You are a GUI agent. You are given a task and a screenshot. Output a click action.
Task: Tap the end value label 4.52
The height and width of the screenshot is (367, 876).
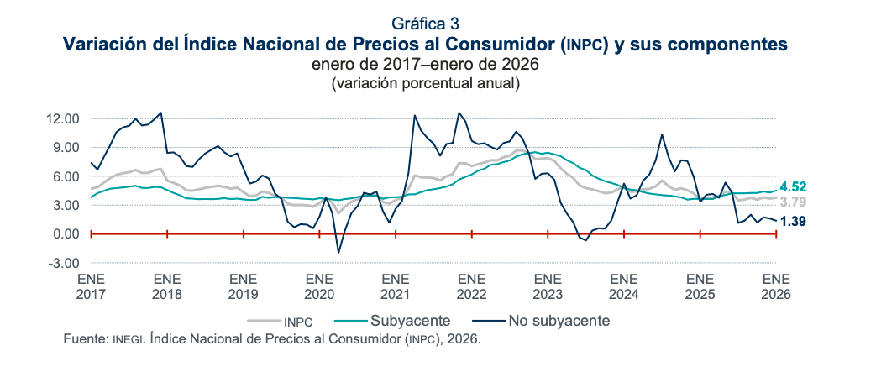click(795, 186)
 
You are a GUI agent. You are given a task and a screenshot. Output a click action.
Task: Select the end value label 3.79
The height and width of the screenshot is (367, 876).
click(795, 202)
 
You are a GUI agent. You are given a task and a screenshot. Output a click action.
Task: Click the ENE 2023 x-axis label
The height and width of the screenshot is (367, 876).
click(547, 286)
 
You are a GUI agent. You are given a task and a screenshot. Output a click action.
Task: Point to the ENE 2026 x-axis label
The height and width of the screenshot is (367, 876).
click(775, 286)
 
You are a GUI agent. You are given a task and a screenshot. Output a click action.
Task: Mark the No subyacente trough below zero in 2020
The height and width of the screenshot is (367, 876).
click(338, 253)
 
